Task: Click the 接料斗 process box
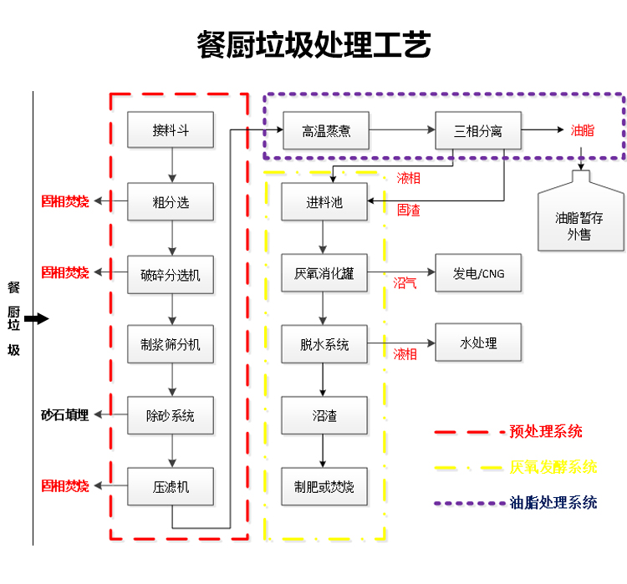[171, 130]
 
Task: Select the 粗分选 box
[171, 201]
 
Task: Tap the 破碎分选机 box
[171, 273]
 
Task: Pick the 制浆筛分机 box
[171, 343]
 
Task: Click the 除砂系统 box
[171, 414]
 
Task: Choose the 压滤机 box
[171, 485]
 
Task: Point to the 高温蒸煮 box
[325, 130]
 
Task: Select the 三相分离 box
[478, 130]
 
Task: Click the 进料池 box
[324, 202]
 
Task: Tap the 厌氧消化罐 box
[324, 273]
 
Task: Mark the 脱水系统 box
[324, 344]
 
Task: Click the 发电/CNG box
[478, 273]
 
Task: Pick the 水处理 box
[478, 343]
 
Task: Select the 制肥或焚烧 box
[324, 485]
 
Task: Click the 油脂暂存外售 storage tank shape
[579, 219]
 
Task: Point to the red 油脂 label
[583, 130]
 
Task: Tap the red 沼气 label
[405, 283]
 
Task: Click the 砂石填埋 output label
[65, 414]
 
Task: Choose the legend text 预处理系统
[546, 432]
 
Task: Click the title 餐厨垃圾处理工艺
[313, 44]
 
